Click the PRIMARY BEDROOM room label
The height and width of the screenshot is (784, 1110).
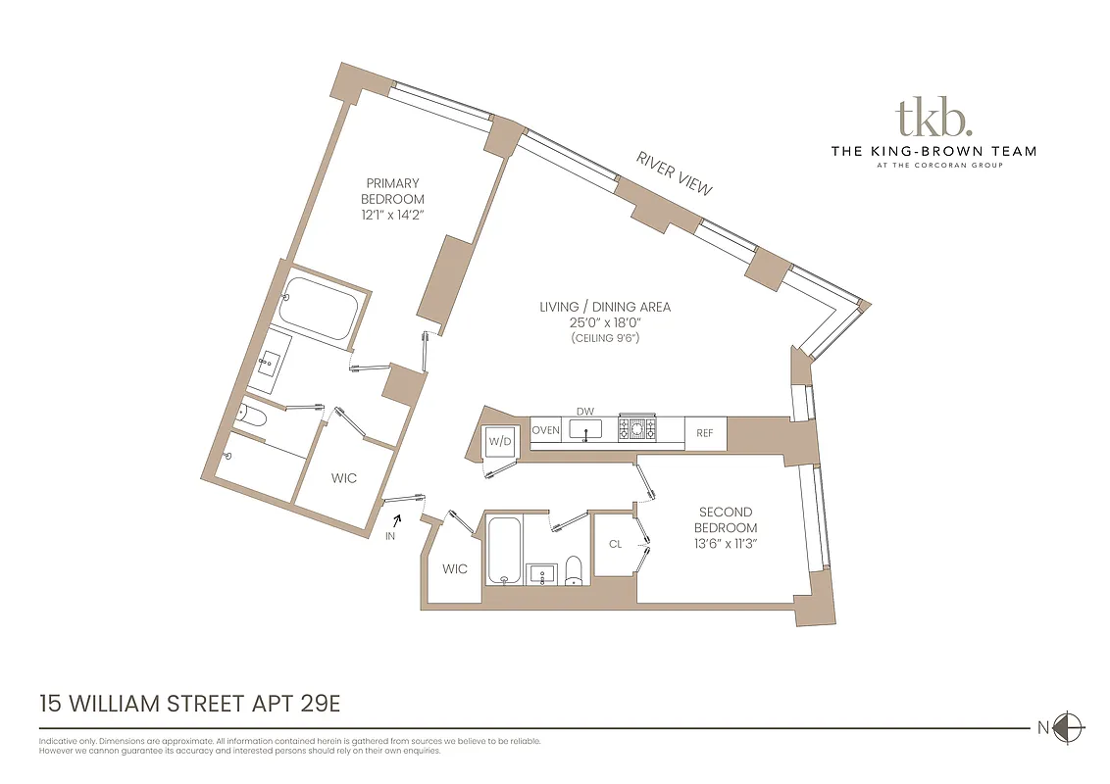click(x=392, y=191)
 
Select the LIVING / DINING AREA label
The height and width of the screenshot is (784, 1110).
click(x=605, y=307)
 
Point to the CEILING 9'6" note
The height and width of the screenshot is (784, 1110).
click(x=605, y=338)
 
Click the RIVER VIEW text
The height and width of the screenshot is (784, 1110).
click(x=674, y=172)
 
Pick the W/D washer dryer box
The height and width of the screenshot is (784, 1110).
click(x=500, y=442)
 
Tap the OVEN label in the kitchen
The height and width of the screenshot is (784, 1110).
click(x=545, y=430)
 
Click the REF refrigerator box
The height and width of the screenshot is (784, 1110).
click(x=705, y=432)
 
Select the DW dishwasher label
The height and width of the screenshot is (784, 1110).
click(x=585, y=413)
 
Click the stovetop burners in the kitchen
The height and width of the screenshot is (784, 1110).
click(x=638, y=428)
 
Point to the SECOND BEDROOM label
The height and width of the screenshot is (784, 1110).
click(x=726, y=519)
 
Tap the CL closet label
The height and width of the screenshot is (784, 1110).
click(x=615, y=544)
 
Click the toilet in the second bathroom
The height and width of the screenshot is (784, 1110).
click(x=575, y=572)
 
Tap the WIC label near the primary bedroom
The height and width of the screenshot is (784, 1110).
click(x=343, y=478)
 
